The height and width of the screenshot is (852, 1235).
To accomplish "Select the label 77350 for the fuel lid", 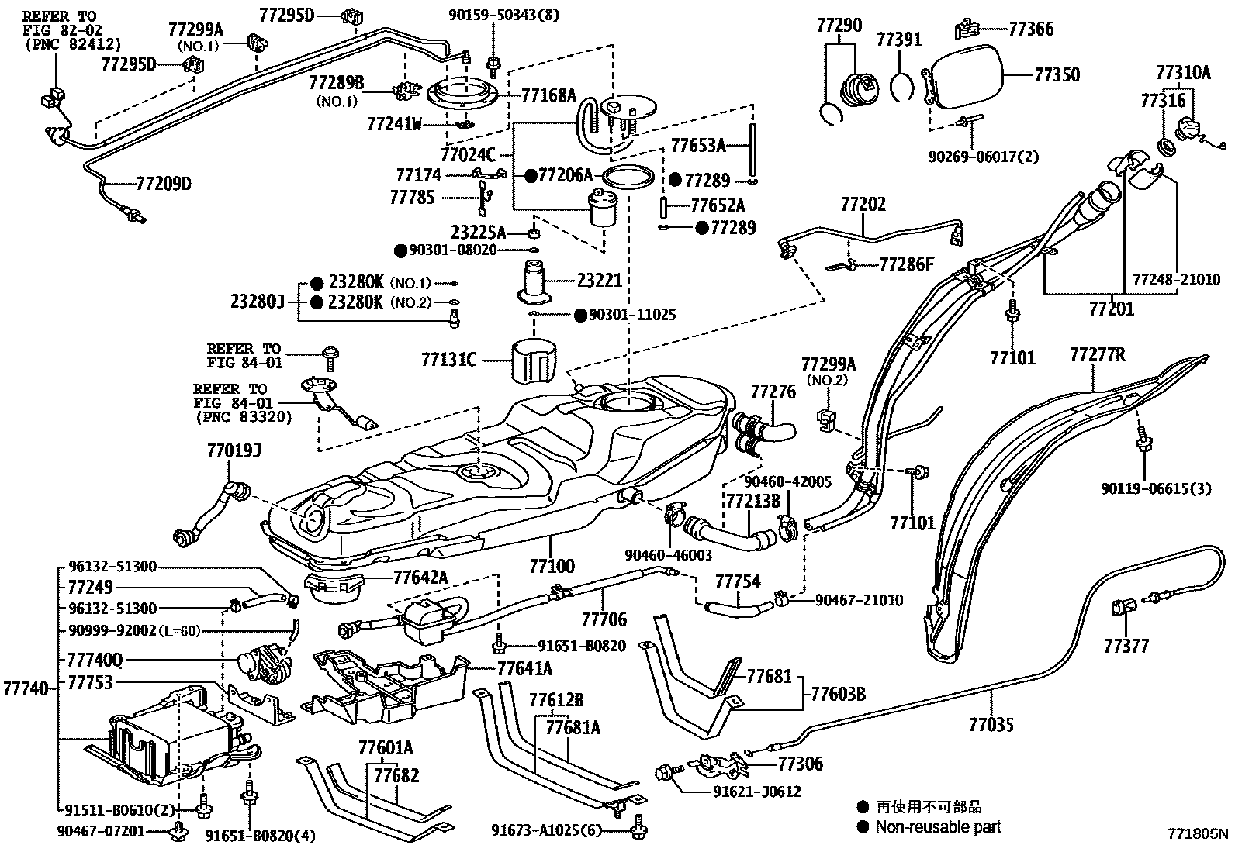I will tap(1057, 75).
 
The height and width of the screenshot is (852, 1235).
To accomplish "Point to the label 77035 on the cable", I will tap(991, 725).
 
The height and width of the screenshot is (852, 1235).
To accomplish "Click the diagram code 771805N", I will tap(1199, 834).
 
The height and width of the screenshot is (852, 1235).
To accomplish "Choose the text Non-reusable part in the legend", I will tap(938, 827).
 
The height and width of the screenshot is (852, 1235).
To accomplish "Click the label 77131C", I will tap(448, 360).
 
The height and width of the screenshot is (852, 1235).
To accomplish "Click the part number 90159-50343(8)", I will tap(514, 14).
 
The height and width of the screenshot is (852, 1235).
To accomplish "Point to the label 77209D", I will tap(163, 184).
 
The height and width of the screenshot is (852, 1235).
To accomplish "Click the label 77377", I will tap(1126, 646).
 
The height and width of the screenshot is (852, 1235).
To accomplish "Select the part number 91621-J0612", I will tap(756, 792).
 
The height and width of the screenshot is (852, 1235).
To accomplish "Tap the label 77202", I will tap(863, 205).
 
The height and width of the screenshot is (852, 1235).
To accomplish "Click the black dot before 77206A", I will tap(531, 175).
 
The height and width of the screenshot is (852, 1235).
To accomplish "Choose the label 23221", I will tap(599, 280).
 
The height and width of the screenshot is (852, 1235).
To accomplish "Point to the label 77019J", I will tap(234, 449).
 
